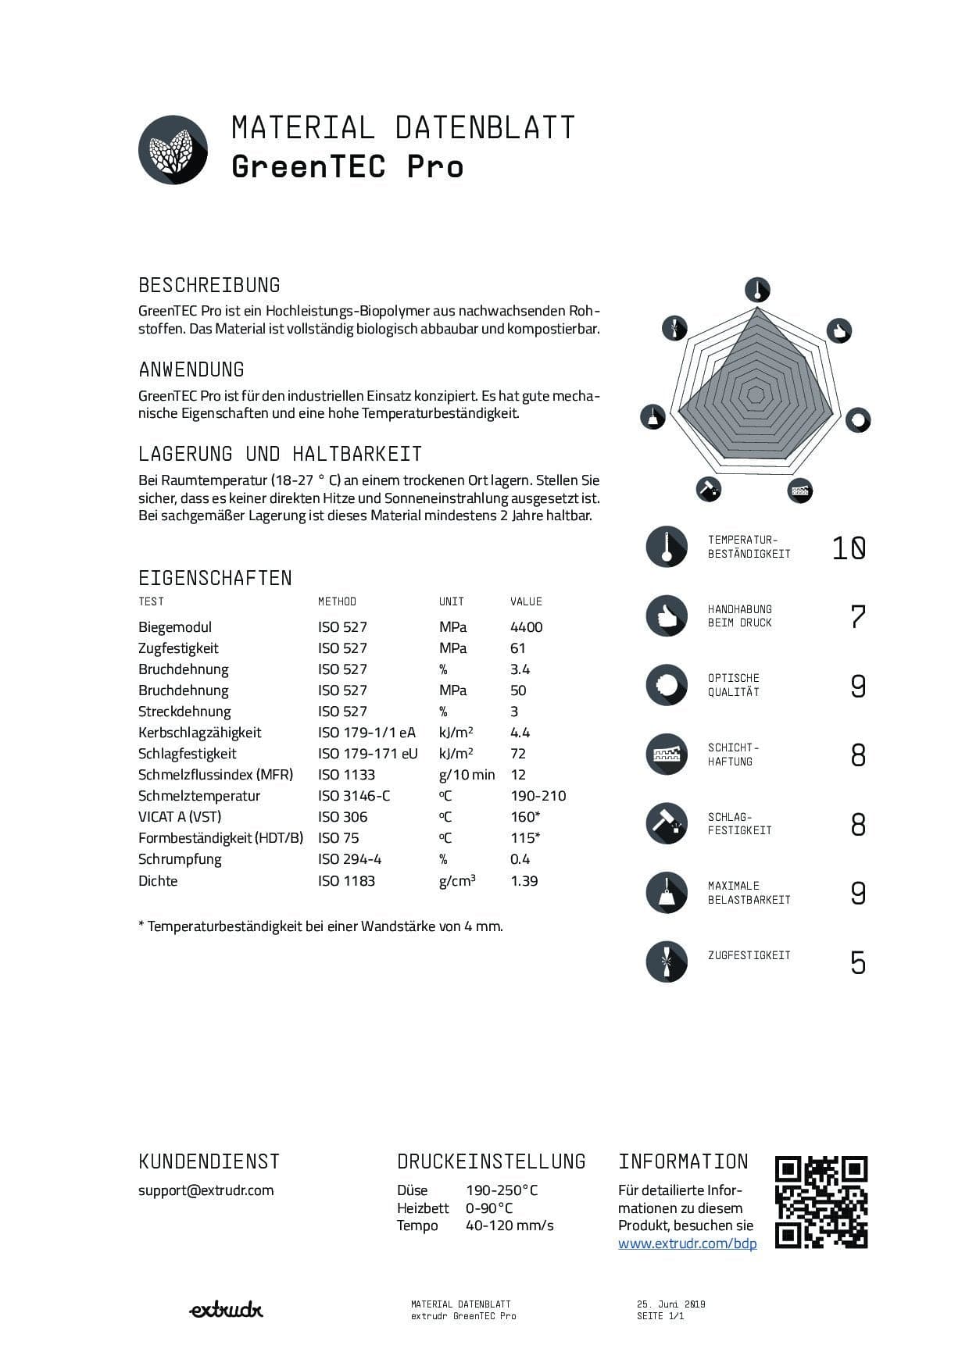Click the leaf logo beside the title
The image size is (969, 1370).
pyautogui.click(x=173, y=149)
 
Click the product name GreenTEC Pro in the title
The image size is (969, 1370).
pyautogui.click(x=347, y=166)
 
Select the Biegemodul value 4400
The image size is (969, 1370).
pyautogui.click(x=526, y=627)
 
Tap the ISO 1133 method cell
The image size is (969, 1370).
pyautogui.click(x=346, y=775)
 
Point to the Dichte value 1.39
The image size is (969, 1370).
pyautogui.click(x=524, y=881)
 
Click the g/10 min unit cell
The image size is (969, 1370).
pyautogui.click(x=467, y=775)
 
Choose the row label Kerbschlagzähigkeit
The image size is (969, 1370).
pyautogui.click(x=199, y=733)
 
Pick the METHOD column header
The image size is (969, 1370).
pyautogui.click(x=337, y=601)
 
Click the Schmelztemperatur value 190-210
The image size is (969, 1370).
pyautogui.click(x=538, y=796)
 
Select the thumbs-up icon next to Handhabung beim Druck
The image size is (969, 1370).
pyautogui.click(x=667, y=615)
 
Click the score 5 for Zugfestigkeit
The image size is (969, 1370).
pyautogui.click(x=858, y=962)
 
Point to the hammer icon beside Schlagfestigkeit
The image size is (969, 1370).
pyautogui.click(x=667, y=823)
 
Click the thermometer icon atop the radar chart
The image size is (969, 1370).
pyautogui.click(x=757, y=290)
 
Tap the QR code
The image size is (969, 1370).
pyautogui.click(x=821, y=1202)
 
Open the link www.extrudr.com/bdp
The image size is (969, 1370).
pyautogui.click(x=687, y=1243)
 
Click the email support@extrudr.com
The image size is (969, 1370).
pyautogui.click(x=206, y=1190)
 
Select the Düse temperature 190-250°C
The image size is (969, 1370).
pyautogui.click(x=502, y=1190)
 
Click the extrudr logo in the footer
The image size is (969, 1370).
pyautogui.click(x=226, y=1310)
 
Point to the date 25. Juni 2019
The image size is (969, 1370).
pyautogui.click(x=670, y=1304)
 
